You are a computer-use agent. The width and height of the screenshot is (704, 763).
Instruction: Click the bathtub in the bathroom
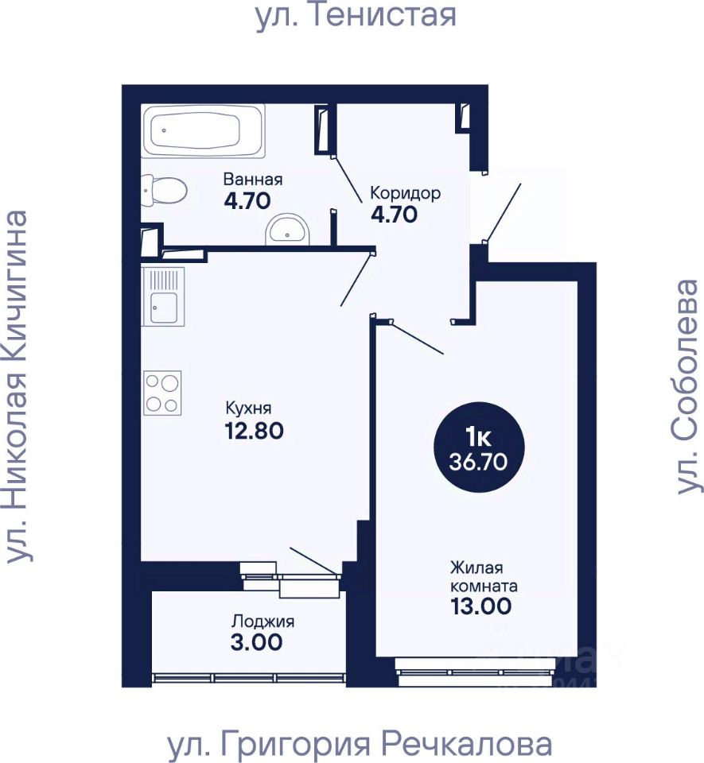click(x=203, y=130)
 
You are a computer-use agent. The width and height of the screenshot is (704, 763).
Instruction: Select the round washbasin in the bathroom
click(x=287, y=230)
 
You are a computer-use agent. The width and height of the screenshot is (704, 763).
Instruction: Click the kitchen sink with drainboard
click(x=163, y=296)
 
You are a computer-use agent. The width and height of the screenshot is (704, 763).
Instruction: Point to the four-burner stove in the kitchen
click(x=162, y=393)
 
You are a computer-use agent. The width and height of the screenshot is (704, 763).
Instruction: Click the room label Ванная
click(x=253, y=179)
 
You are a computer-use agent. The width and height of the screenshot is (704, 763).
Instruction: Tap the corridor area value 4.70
click(x=394, y=214)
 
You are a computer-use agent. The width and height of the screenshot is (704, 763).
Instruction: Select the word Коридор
click(x=405, y=193)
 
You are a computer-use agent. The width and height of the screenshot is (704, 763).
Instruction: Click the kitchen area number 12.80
click(x=254, y=431)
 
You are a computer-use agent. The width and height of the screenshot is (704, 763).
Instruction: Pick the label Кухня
click(x=249, y=408)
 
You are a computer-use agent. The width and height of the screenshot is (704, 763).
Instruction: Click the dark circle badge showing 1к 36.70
click(x=479, y=447)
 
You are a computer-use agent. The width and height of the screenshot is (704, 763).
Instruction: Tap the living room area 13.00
click(x=481, y=606)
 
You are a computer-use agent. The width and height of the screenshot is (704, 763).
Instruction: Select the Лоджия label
click(x=263, y=622)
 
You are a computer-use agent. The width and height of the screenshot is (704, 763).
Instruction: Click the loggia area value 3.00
click(x=257, y=642)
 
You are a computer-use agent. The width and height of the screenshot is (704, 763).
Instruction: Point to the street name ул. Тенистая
click(x=356, y=14)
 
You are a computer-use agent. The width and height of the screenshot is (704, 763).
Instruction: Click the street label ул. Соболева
click(x=687, y=387)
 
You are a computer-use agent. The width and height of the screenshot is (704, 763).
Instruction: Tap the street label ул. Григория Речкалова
click(x=360, y=745)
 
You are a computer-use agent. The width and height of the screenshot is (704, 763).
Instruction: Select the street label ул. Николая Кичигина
click(x=17, y=387)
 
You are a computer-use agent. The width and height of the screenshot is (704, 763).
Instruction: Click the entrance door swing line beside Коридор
click(x=503, y=212)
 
